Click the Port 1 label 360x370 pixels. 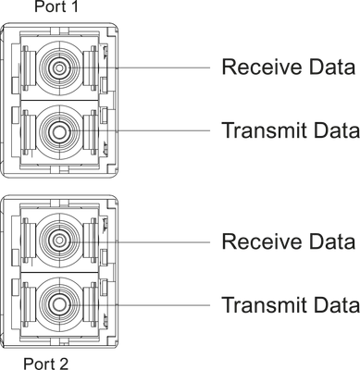point(56,6)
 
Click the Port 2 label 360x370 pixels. point(46,364)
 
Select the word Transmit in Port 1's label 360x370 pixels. point(265,130)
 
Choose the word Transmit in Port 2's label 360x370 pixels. point(265,304)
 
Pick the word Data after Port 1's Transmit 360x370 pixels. point(337,130)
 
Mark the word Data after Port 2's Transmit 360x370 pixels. point(337,304)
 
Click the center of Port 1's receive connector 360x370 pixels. point(59,68)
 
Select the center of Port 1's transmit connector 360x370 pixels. point(59,131)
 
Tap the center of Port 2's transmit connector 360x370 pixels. point(59,304)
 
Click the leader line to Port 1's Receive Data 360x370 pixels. point(139,68)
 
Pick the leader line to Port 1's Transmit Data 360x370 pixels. point(139,131)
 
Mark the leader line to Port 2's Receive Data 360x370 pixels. point(139,242)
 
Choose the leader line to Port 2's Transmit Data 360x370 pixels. point(139,305)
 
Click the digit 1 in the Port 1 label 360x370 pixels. point(74,6)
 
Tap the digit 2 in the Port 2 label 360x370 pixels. point(64,364)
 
